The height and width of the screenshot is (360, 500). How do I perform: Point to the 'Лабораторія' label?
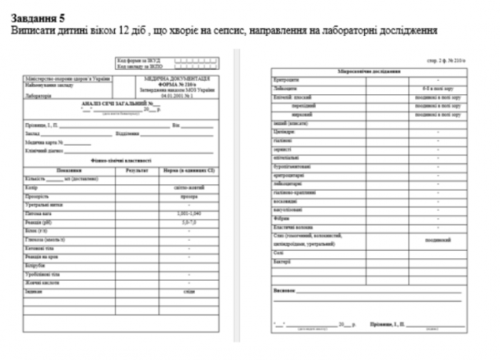39,96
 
